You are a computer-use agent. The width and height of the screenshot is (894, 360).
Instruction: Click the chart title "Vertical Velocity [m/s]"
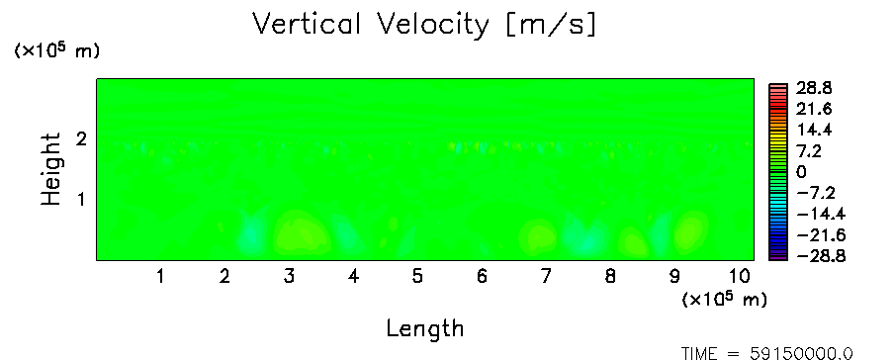[x=424, y=25]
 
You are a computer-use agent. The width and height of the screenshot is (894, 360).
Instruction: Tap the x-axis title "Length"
[x=425, y=329]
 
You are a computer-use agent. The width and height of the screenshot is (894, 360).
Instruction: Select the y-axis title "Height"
[x=50, y=169]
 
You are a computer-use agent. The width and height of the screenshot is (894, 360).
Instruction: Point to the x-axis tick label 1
[x=161, y=277]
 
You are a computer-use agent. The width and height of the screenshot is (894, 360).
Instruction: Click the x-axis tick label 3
[x=289, y=277]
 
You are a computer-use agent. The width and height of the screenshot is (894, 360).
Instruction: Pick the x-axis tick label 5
[x=417, y=277]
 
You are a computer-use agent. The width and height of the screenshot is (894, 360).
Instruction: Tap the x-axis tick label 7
[x=546, y=277]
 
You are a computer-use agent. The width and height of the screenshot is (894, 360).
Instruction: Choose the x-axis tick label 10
[x=739, y=277]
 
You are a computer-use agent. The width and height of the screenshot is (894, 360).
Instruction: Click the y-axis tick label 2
[x=81, y=138]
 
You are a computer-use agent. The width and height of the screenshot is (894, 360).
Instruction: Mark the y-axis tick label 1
[x=81, y=200]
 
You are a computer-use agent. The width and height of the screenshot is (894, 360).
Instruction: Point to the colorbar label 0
[x=801, y=172]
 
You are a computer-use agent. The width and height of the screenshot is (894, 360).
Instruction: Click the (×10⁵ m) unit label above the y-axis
[x=56, y=50]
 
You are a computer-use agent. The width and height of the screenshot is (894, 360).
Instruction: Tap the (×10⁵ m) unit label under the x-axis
[x=724, y=299]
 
